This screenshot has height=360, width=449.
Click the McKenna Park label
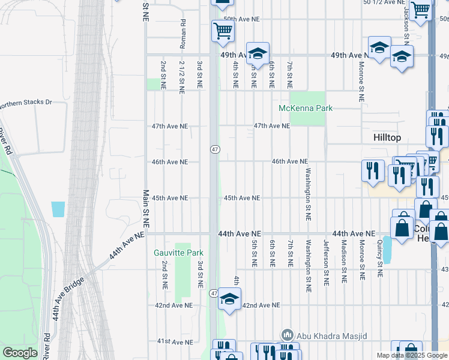306,108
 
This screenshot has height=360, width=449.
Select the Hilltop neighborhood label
387,137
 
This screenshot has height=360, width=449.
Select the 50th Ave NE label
241,19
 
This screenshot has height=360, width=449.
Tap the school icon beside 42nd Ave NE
229,299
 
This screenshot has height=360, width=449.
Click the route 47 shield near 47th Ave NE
214,149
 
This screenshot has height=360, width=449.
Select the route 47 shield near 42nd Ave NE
214,293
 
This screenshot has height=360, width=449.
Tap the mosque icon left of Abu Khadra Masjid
287,335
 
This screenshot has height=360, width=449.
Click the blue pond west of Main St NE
58,209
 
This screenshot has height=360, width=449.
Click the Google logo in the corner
20,353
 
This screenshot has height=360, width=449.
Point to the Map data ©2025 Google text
411,355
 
